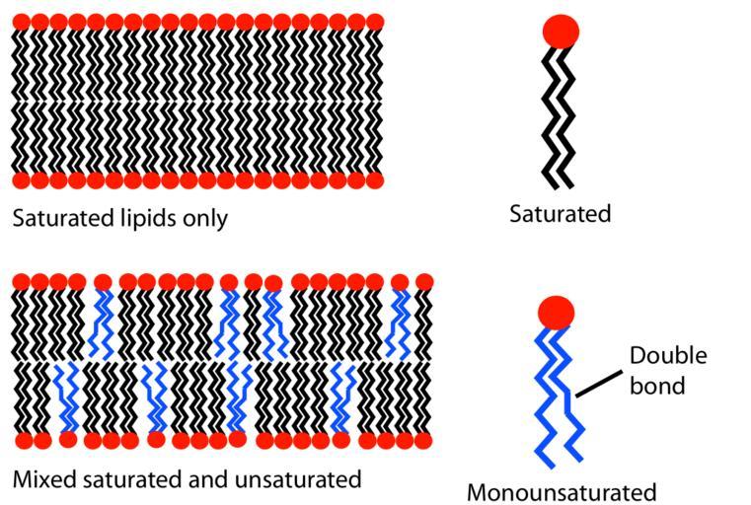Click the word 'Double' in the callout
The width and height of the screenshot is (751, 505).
tap(668, 356)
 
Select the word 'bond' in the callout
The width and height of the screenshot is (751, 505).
tap(657, 385)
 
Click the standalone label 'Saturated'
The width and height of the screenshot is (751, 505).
tap(560, 213)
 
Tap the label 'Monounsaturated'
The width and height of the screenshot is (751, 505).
tap(562, 491)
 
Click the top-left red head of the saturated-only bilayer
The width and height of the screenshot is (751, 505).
tap(22, 22)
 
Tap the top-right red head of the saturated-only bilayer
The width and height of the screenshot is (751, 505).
tap(373, 22)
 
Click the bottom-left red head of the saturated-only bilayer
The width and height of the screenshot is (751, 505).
tap(22, 180)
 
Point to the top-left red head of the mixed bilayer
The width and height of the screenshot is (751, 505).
tap(22, 283)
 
